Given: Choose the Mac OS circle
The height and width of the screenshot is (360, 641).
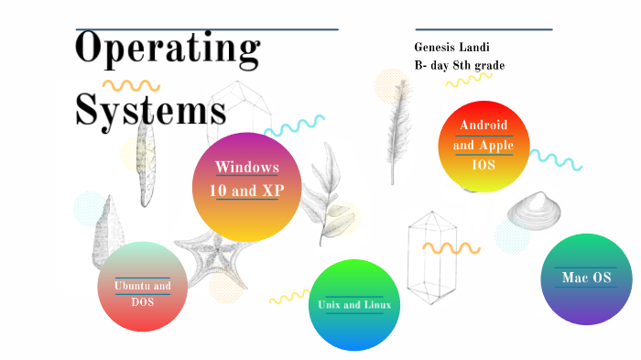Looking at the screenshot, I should click(586, 278).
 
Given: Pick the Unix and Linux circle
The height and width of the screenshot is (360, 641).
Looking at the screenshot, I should click(354, 305).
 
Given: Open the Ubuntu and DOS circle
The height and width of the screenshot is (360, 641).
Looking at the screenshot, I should click(142, 287).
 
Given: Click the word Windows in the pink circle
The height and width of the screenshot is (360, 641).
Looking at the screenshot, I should click(247, 167).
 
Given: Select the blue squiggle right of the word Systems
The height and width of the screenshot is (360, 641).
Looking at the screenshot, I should click(294, 125).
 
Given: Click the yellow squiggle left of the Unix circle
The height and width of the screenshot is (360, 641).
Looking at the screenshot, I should click(288, 297).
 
